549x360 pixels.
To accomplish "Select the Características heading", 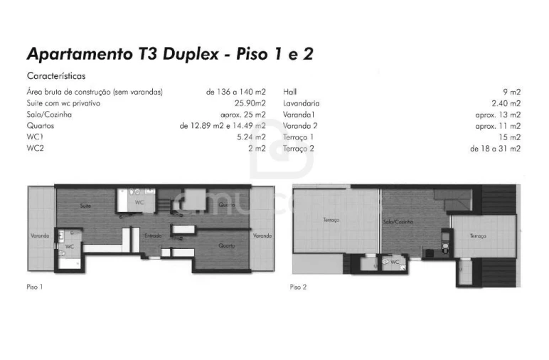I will [x=56, y=75].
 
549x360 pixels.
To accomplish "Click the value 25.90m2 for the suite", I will [x=250, y=103].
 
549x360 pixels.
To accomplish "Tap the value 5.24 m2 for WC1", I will [x=251, y=137].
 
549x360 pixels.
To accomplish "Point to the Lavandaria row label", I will [x=301, y=103].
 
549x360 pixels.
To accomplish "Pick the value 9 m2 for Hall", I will [x=511, y=92].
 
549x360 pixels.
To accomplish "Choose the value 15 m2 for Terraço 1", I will [x=509, y=137].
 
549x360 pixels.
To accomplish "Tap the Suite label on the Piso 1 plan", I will [x=85, y=206].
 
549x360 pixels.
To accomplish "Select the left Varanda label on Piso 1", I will [x=40, y=235].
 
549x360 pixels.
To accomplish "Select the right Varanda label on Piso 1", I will [x=262, y=235].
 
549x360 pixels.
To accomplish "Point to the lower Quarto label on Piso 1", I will [x=227, y=245].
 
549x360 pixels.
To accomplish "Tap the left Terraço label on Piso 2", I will [x=331, y=221].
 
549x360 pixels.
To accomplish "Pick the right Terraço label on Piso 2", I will [x=477, y=235].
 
